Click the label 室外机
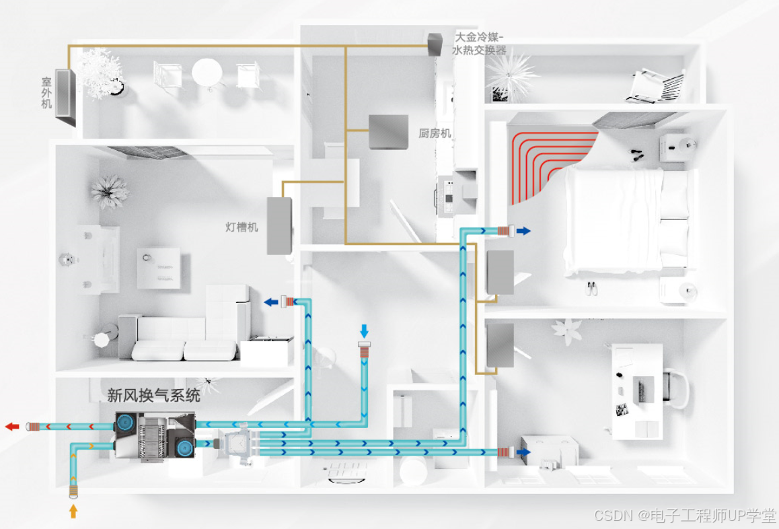click(x=46, y=92)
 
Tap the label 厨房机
click(x=435, y=133)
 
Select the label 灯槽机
click(x=242, y=227)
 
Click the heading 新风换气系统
click(x=153, y=395)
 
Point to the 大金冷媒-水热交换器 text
click(x=480, y=44)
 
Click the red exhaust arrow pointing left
click(x=12, y=426)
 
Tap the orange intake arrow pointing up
click(x=73, y=512)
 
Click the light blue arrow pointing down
click(x=365, y=330)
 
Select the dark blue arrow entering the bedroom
click(x=523, y=231)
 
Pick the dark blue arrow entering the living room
click(x=271, y=302)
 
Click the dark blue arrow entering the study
click(x=523, y=452)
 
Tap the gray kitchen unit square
click(x=388, y=132)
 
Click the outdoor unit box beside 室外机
click(x=66, y=98)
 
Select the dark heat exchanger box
click(x=434, y=44)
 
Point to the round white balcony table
click(x=206, y=72)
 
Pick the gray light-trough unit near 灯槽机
click(x=279, y=225)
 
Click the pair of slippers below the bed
click(x=591, y=288)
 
